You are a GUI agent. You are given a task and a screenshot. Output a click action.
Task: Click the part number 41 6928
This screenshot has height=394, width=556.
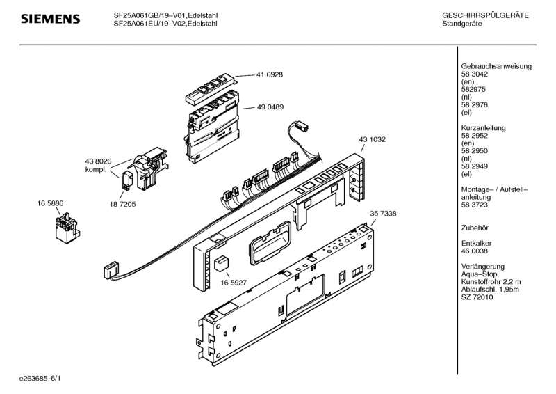click(270, 74)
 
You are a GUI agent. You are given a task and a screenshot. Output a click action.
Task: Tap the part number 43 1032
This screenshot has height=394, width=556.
click(372, 139)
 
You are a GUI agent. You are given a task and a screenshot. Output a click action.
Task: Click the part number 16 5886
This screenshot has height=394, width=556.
click(50, 203)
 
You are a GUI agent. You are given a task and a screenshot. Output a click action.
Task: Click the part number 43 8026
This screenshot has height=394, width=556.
click(98, 161)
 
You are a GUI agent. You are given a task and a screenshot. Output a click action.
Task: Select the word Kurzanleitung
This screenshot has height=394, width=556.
click(483, 128)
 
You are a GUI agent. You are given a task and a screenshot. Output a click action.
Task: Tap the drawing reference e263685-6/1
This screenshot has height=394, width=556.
click(40, 379)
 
